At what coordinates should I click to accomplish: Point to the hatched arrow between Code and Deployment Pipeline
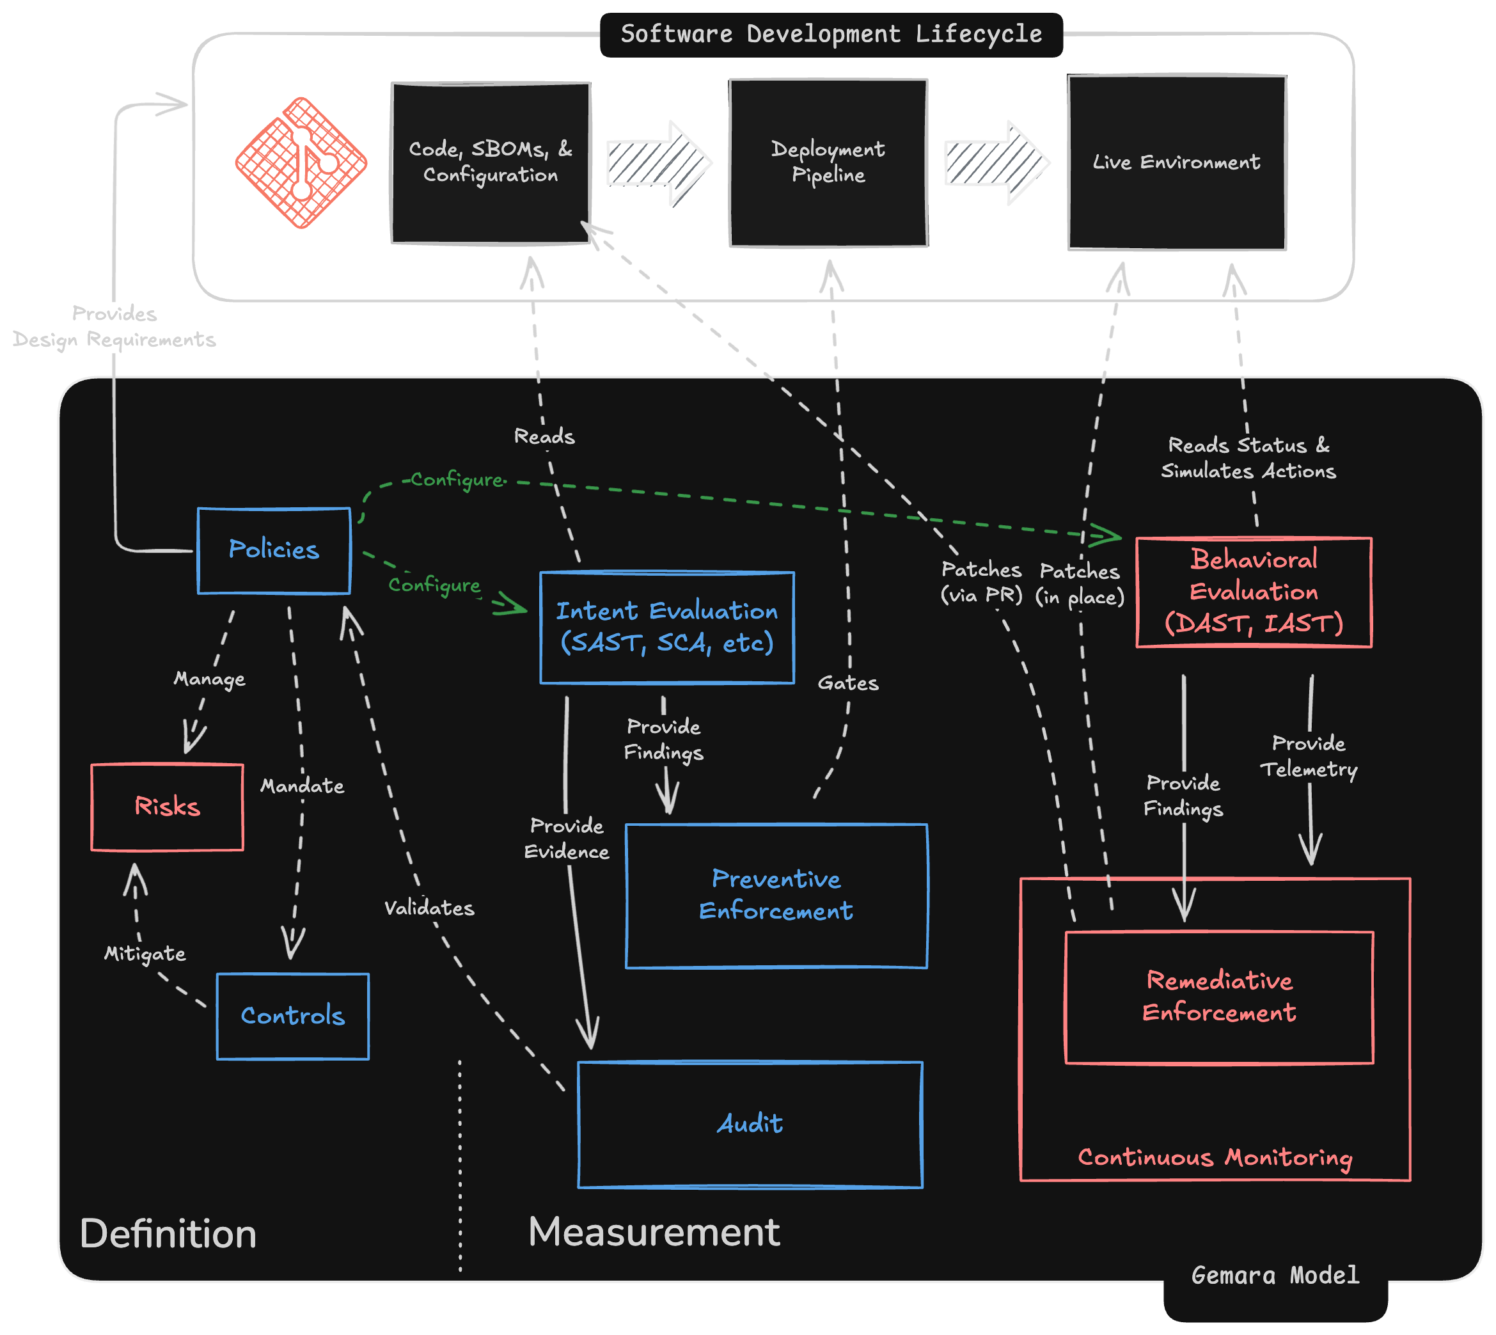[x=657, y=163]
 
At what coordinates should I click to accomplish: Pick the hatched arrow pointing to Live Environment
[x=996, y=163]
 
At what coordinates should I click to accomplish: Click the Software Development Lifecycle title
[x=831, y=34]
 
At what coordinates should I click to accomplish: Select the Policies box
[x=274, y=550]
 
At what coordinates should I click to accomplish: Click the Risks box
[x=167, y=807]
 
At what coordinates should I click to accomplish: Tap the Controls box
[x=292, y=1016]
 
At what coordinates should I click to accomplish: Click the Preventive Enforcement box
[x=776, y=895]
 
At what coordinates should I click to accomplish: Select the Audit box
[x=750, y=1124]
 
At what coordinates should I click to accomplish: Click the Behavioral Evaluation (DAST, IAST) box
[x=1253, y=592]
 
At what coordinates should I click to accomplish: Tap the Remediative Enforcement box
[x=1219, y=997]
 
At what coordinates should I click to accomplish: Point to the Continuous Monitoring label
[x=1215, y=1157]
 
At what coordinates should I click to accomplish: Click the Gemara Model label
[x=1275, y=1275]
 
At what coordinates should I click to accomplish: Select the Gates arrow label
[x=847, y=684]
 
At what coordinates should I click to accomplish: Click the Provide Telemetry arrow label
[x=1309, y=756]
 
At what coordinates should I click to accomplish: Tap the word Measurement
[x=654, y=1231]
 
